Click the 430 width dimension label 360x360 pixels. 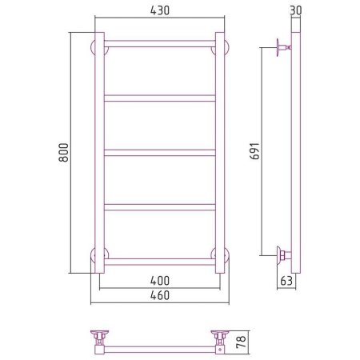click(160, 10)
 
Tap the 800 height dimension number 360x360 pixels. click(64, 153)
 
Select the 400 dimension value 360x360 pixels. click(160, 281)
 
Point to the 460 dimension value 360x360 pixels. click(160, 295)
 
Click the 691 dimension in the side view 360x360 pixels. click(254, 151)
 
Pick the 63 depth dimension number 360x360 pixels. click(286, 281)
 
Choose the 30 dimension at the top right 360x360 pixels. click(296, 10)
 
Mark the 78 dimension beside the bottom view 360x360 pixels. click(241, 342)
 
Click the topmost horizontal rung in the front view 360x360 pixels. click(160, 44)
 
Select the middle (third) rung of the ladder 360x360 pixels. click(160, 153)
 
